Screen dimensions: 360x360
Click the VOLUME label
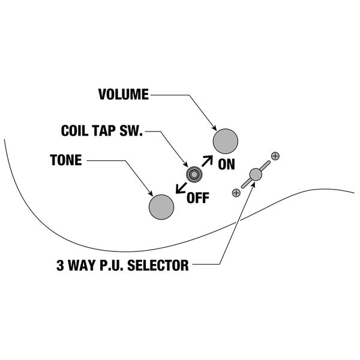coord(122,94)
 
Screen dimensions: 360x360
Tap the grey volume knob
coord(226,141)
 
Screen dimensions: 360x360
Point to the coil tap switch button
coord(193,174)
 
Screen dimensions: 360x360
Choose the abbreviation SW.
coord(133,130)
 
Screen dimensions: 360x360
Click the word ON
coord(226,165)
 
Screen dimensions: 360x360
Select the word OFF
coord(199,197)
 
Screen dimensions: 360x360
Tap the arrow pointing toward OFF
coord(179,188)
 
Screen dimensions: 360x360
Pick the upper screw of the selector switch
coord(275,156)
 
